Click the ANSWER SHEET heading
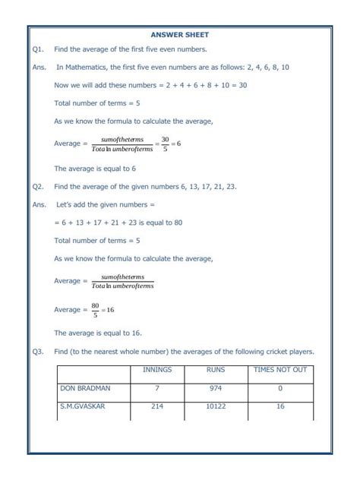[179, 35]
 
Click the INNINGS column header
[156, 370]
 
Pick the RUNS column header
[216, 370]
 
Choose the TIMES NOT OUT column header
[279, 370]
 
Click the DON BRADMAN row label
[85, 388]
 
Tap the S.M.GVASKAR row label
[84, 406]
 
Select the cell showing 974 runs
[216, 388]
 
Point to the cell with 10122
[216, 406]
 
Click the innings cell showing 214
[156, 406]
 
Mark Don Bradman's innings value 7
[156, 388]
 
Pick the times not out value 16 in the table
[279, 406]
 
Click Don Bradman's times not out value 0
[279, 388]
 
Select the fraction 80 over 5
[96, 310]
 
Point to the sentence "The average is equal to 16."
[98, 333]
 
